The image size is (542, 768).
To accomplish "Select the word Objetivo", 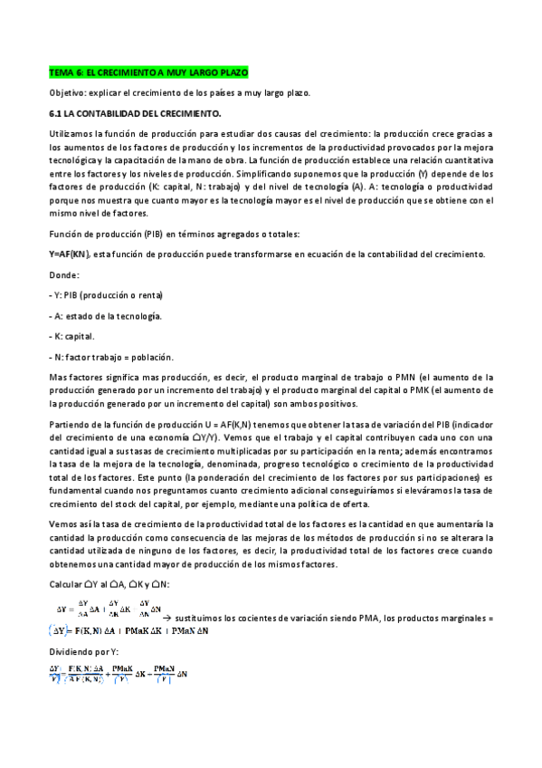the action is coord(69,92).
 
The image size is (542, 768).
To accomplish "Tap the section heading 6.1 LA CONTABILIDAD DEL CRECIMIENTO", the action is coord(135,114).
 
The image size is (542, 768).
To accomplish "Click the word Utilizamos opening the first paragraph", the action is coord(71,133).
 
